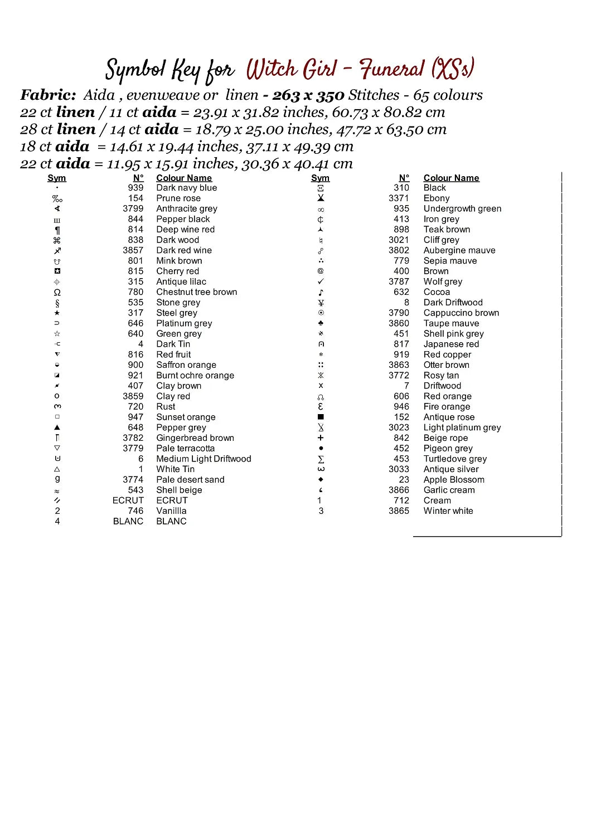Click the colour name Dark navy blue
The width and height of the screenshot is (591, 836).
coord(186,188)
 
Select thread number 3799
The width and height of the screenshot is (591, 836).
coord(133,208)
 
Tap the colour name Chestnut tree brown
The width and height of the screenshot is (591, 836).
coord(196,292)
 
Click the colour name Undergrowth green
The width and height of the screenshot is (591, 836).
coord(462,208)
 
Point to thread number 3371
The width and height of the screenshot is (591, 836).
coord(399,198)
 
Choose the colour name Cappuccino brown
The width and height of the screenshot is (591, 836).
coord(461,313)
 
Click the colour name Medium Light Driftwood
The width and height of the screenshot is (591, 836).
coord(204,459)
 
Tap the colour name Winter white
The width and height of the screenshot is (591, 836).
coord(448,511)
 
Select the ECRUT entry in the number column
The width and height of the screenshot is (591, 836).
coord(128,500)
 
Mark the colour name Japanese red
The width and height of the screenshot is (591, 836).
coord(451,344)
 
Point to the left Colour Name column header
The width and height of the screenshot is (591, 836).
coord(184,178)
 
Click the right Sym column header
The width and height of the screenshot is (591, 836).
coord(320,178)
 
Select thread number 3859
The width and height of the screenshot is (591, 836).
coord(133,396)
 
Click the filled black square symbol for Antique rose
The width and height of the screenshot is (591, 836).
coord(321,417)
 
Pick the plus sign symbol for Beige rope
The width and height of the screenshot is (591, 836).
coord(321,438)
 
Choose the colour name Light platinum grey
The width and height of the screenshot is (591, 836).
coord(462,427)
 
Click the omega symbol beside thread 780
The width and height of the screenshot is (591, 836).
coord(57,292)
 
